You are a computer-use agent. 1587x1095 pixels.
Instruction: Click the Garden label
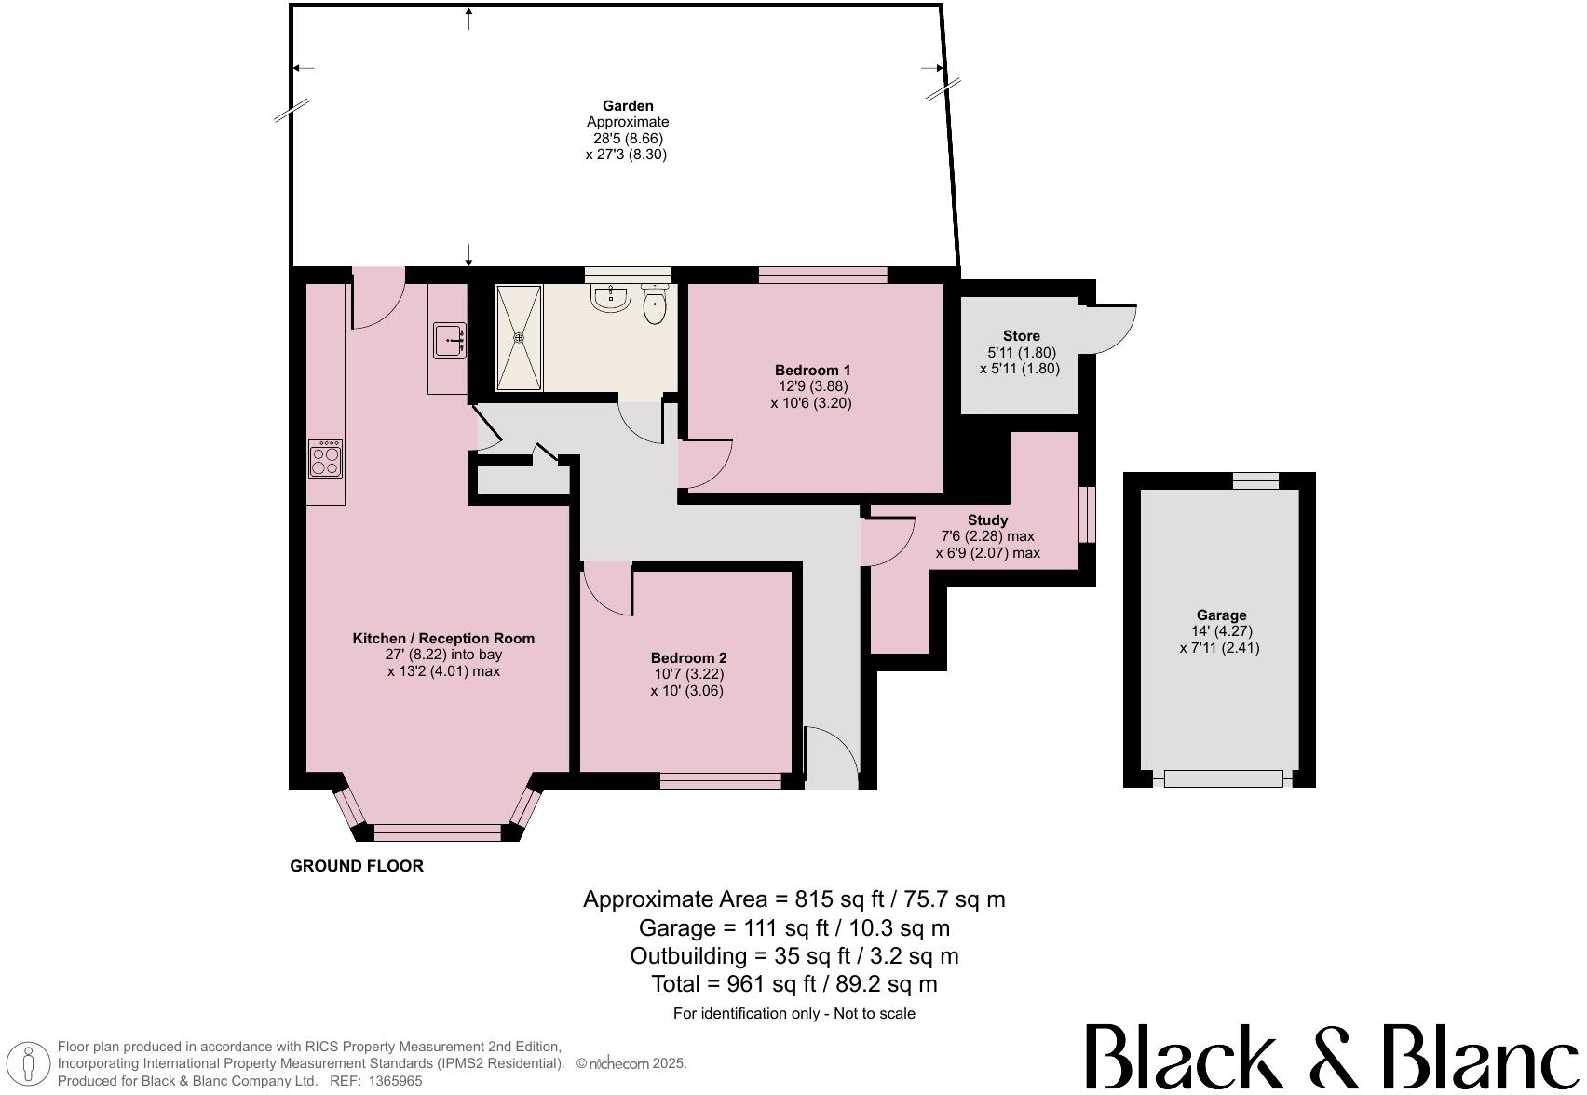(x=627, y=106)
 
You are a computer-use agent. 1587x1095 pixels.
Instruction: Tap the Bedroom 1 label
(x=812, y=370)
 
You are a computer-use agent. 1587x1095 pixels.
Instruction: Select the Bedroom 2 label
(x=688, y=657)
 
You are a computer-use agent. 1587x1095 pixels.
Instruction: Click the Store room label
(x=1021, y=336)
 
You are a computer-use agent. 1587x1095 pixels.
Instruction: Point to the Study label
(x=987, y=520)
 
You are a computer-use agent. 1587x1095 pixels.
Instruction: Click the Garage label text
(x=1221, y=615)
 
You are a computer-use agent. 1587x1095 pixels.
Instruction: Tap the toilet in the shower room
(x=655, y=306)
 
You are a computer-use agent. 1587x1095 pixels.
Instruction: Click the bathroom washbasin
(x=611, y=298)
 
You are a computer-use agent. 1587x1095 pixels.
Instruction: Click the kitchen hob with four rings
(x=325, y=459)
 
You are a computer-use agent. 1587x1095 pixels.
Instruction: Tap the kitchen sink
(x=449, y=341)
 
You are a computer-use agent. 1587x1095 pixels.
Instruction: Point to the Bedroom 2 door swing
(x=607, y=590)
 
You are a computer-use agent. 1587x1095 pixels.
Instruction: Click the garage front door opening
(x=1222, y=778)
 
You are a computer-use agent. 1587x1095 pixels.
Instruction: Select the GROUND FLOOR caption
(x=357, y=866)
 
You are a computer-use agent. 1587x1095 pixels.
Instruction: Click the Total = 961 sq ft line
(x=793, y=984)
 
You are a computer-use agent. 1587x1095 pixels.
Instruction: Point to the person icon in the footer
(x=29, y=1064)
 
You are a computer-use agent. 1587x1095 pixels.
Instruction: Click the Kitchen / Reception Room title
(x=443, y=639)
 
